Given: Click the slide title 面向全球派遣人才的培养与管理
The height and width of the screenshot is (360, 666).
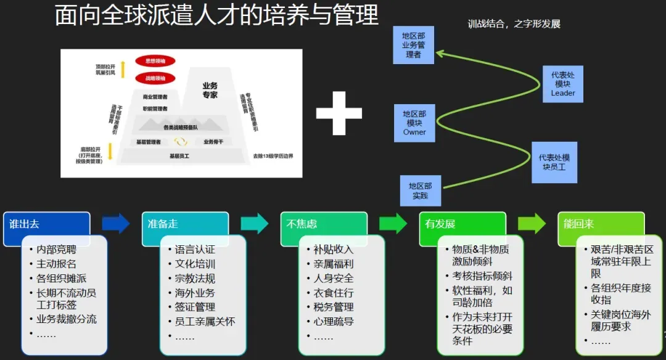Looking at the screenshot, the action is tap(216, 15).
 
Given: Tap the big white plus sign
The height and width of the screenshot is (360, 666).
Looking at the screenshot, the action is tap(339, 113).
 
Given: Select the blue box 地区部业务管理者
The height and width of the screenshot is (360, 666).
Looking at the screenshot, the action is tap(413, 45).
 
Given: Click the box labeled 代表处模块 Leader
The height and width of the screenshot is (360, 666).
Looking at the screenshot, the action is tap(562, 83).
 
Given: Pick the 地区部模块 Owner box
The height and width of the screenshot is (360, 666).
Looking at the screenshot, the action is tap(414, 123).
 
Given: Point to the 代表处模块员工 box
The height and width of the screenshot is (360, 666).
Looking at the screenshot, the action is tap(554, 162).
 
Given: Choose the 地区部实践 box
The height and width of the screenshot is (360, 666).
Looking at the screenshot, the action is tap(420, 190).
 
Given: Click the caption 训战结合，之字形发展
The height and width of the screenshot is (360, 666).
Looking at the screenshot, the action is tap(514, 24).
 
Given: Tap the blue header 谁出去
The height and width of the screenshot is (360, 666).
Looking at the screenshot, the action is tap(46, 223).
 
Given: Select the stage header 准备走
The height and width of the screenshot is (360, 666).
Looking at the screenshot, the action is tap(185, 223).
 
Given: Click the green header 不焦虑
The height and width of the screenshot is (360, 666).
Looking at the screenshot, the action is tap(324, 223).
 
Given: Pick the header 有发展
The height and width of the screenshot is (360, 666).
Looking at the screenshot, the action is tap(462, 223).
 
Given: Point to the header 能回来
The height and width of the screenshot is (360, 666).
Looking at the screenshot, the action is tap(601, 223).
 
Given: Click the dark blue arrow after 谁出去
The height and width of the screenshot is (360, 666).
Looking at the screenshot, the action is tap(115, 223).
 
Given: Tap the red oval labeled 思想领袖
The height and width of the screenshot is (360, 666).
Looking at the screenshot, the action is tap(155, 61).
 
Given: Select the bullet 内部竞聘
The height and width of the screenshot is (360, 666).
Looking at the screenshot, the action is tap(57, 250).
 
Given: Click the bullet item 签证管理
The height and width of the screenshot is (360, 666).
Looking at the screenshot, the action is tap(195, 307).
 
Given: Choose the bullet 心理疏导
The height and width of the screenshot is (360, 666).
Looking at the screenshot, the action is tap(334, 321).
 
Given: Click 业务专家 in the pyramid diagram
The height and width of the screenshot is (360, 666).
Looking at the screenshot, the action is tap(210, 90).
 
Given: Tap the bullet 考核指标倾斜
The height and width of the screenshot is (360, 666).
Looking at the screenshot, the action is tap(482, 276).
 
